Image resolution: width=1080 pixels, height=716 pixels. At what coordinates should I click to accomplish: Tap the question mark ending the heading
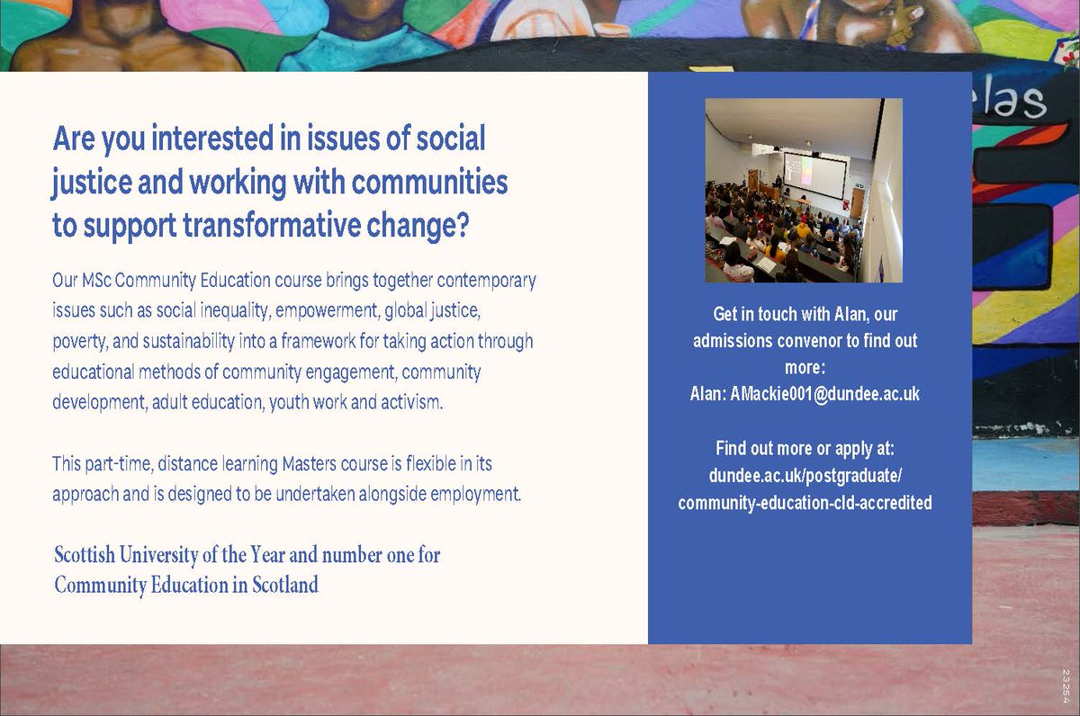click(462, 226)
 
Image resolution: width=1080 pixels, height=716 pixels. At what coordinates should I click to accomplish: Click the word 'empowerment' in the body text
click(327, 311)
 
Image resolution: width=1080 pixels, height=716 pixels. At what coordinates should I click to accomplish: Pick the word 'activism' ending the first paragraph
click(412, 402)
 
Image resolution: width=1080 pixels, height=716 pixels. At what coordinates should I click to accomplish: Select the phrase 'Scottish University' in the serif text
click(134, 555)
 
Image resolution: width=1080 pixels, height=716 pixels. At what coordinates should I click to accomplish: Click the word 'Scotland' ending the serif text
click(284, 586)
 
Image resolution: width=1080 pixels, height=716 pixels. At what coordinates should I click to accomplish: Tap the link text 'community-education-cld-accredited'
click(805, 504)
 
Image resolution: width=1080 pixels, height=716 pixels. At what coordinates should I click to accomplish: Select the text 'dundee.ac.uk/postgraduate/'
click(805, 476)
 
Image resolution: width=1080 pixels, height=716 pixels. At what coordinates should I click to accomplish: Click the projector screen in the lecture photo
click(814, 176)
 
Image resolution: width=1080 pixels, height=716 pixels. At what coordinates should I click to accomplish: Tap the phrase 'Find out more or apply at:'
click(805, 448)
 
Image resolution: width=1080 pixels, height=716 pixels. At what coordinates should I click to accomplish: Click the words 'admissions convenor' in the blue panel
click(766, 342)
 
